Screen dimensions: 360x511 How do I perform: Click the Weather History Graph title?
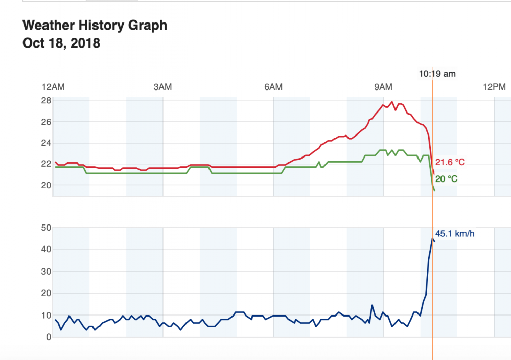point(95,25)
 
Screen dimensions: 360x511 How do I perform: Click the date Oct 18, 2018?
point(61,43)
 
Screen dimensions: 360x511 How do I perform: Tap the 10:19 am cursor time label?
point(437,74)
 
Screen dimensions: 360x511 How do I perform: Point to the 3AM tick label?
point(162,87)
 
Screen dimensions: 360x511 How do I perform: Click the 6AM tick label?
point(273,87)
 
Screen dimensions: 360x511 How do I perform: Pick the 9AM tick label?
point(383,87)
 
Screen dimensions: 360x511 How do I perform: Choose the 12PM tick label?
point(494,87)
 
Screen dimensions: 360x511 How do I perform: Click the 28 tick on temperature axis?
point(46,101)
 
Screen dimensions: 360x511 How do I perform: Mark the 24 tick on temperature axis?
point(46,143)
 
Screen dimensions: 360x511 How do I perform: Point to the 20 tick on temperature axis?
point(46,185)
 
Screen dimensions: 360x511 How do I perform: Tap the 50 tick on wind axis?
point(46,228)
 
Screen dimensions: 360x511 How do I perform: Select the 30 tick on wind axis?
point(46,272)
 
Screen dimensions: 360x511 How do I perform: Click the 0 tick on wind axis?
point(49,337)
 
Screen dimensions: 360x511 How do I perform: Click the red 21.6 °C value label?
point(450,163)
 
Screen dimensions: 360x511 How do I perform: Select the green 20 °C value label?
point(446,179)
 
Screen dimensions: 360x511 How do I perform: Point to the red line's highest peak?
point(392,102)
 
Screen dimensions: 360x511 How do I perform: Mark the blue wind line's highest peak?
point(432,238)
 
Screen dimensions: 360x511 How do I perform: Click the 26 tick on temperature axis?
point(46,122)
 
